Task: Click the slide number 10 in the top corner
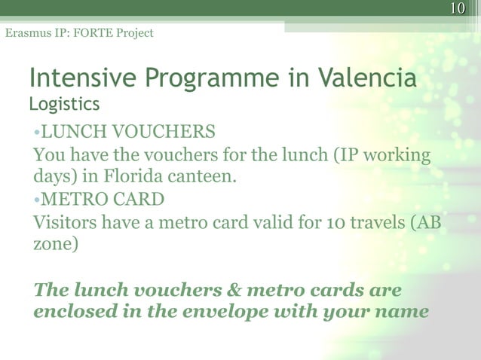tap(457, 8)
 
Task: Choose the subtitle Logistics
tap(64, 102)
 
